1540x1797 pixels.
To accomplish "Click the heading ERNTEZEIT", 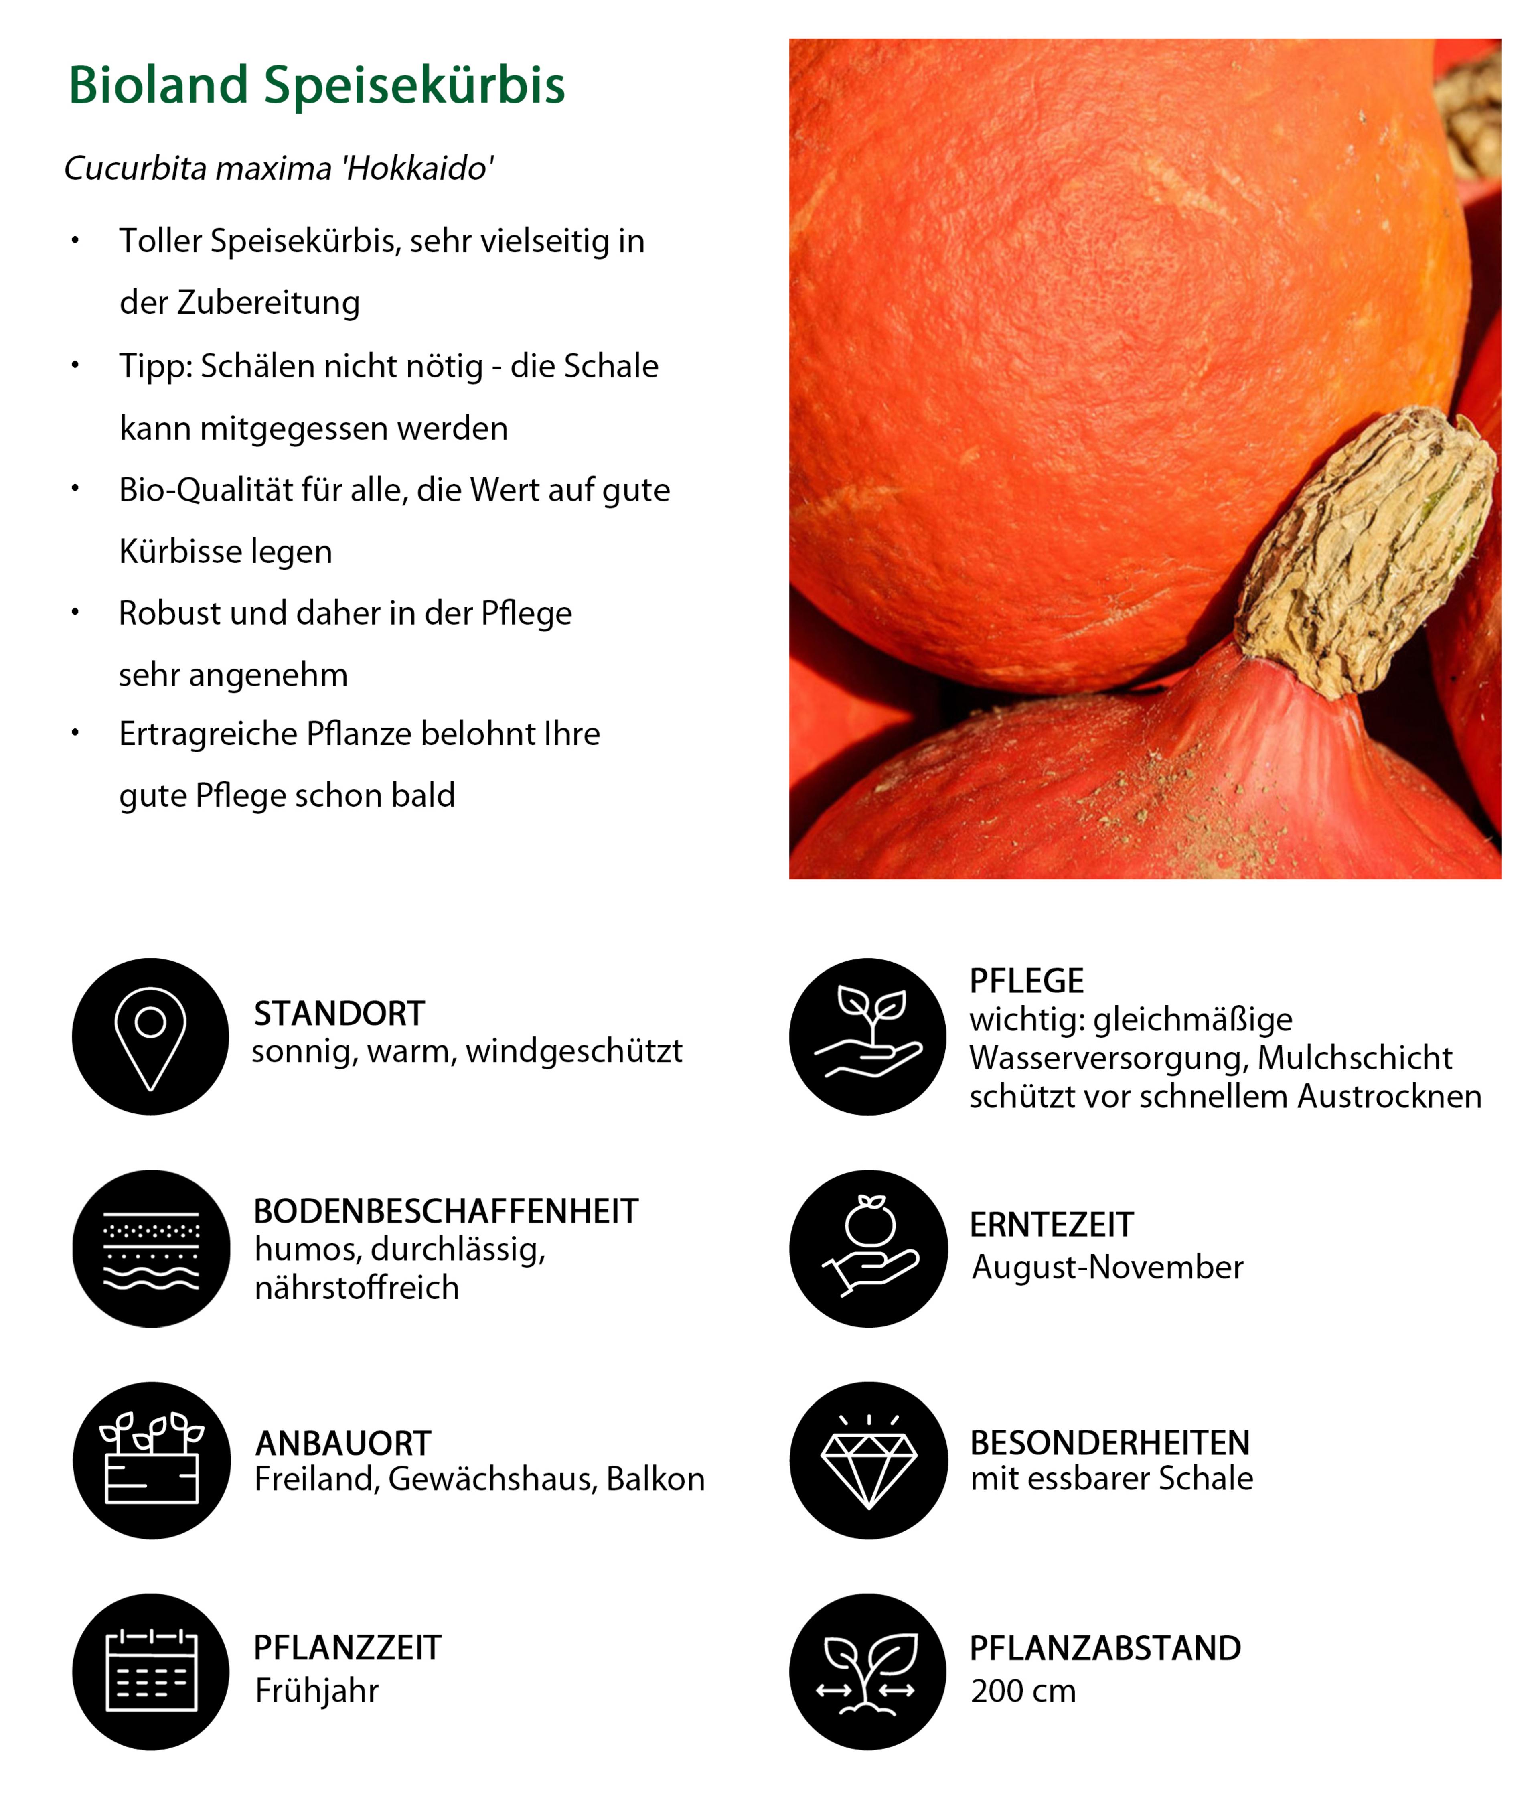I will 1051,1225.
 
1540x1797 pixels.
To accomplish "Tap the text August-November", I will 1107,1267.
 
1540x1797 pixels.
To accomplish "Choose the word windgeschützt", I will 574,1051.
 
